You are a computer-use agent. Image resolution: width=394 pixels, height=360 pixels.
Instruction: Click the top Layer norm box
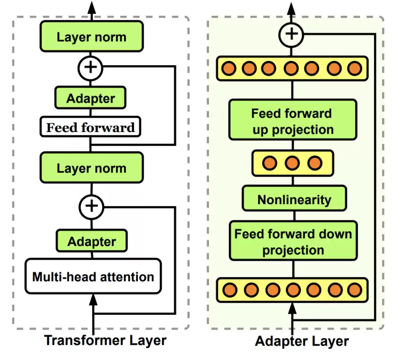[x=92, y=36]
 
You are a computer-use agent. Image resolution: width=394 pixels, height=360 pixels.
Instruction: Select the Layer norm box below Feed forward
[x=92, y=167]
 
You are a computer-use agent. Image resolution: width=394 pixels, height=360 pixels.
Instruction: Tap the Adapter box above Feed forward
[x=91, y=98]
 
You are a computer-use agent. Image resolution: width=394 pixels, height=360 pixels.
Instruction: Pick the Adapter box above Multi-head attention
[x=92, y=241]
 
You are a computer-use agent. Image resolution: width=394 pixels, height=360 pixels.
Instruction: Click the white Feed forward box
[x=90, y=127]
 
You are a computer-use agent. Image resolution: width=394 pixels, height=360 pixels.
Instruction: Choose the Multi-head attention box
[x=93, y=276]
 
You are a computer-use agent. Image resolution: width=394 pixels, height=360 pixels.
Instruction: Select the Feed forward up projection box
[x=293, y=120]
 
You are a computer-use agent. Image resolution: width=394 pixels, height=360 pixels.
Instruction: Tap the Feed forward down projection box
[x=293, y=241]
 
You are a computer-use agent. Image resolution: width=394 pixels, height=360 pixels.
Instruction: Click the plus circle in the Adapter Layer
[x=291, y=35]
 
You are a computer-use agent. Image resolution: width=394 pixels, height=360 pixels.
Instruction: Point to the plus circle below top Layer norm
[x=91, y=68]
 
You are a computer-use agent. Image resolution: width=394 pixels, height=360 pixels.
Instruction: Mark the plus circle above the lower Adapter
[x=92, y=207]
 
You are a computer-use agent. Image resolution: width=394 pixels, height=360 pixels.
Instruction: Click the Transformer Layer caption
[x=105, y=340]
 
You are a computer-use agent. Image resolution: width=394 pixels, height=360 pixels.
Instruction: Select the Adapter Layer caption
[x=302, y=341]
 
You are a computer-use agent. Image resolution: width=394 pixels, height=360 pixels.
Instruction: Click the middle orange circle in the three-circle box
[x=292, y=163]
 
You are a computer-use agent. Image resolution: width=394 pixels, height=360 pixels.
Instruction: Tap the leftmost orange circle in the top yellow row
[x=228, y=68]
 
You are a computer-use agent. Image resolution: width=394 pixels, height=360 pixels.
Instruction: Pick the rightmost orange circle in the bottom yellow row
[x=355, y=290]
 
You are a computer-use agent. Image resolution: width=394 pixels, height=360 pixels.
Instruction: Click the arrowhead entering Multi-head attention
[x=93, y=300]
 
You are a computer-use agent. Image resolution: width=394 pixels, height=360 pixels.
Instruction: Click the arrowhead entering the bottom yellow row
[x=292, y=309]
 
